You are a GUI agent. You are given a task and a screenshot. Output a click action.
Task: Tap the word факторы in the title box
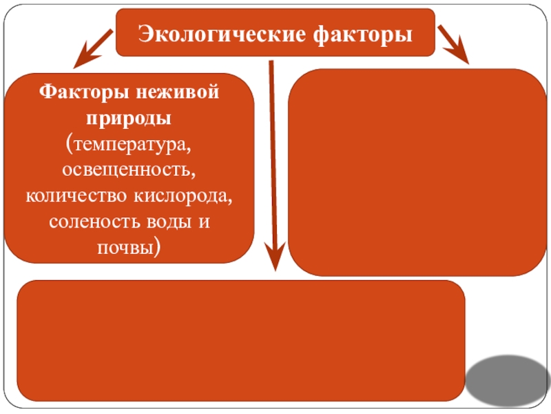coord(365,33)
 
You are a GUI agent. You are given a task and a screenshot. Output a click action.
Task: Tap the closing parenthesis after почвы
coord(159,248)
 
